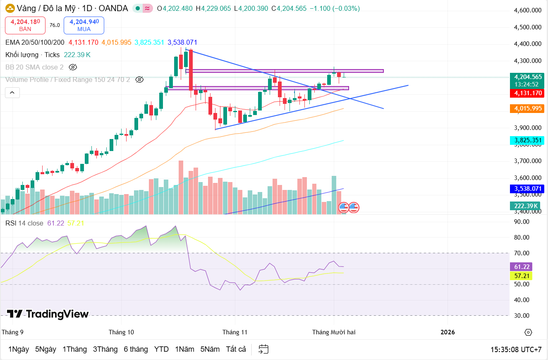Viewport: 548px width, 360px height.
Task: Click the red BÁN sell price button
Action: click(25, 25)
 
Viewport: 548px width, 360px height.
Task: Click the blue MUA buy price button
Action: click(84, 25)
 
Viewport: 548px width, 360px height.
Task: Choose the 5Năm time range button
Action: click(210, 349)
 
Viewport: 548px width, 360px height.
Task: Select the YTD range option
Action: click(161, 349)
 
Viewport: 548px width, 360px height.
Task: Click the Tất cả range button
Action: click(236, 349)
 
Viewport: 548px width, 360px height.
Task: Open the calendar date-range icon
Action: click(263, 349)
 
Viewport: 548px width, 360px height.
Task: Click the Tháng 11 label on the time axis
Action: click(235, 332)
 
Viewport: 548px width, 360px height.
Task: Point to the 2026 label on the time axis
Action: click(447, 332)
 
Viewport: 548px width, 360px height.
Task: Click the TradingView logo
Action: click(48, 314)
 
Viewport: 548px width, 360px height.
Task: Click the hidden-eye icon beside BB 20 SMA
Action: click(73, 67)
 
